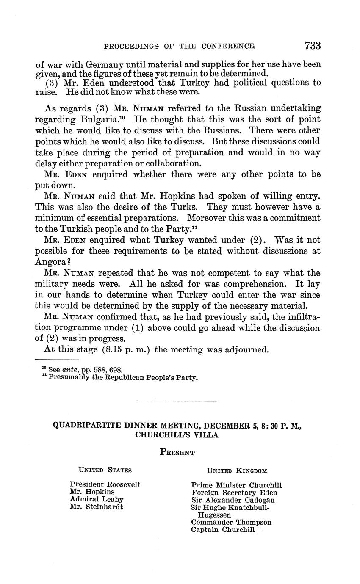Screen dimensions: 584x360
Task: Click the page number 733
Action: [x=312, y=45]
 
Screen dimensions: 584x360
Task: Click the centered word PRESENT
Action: [x=177, y=453]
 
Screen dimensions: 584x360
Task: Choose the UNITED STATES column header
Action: [x=105, y=470]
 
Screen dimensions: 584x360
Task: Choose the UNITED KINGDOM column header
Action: [x=237, y=471]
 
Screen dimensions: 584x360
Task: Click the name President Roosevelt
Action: [x=105, y=484]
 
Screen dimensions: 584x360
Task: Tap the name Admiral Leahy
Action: [x=97, y=499]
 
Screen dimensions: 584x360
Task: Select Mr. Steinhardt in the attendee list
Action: [x=97, y=507]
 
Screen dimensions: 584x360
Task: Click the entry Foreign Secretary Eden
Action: [x=234, y=493]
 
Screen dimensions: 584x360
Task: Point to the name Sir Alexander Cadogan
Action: [x=233, y=500]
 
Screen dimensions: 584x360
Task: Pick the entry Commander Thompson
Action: [x=231, y=523]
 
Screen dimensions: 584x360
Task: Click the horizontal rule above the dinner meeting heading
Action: [x=177, y=401]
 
